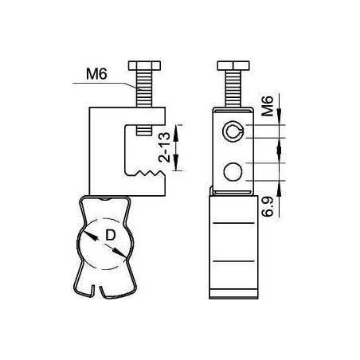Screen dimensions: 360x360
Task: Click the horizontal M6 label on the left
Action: coord(96,74)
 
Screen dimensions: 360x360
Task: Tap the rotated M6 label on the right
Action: coord(268,106)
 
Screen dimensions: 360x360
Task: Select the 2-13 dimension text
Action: coord(164,147)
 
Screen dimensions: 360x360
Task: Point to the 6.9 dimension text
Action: coord(268,207)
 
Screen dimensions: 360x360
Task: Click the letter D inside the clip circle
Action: coord(111,235)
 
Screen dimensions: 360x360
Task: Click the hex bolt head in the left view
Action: coord(144,65)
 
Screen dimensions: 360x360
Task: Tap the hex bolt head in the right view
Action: coord(233,65)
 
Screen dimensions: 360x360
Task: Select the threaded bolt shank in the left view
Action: coord(144,88)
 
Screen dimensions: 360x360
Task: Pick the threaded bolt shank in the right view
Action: coord(233,88)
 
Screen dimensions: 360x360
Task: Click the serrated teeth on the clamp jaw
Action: coord(149,173)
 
